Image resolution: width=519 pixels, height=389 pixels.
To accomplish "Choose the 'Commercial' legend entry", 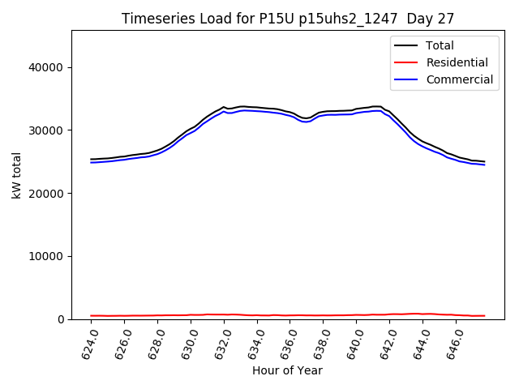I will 459,79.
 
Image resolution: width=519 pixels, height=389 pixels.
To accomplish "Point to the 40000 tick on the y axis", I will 49,67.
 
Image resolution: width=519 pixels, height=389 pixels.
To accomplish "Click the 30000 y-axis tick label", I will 49,130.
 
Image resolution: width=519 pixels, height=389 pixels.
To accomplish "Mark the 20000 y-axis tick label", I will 49,193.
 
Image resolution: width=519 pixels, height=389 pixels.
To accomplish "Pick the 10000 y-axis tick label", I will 49,256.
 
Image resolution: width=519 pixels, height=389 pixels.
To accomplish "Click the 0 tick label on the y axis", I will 61,319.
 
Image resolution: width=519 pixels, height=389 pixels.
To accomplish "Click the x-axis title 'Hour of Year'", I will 287,370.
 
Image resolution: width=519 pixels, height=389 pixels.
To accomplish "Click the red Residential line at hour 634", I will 257,315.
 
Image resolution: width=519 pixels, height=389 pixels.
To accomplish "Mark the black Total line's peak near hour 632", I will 224,107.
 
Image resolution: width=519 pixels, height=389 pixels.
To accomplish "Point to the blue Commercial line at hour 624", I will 92,162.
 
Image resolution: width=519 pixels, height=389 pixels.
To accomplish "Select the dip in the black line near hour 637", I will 306,118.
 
